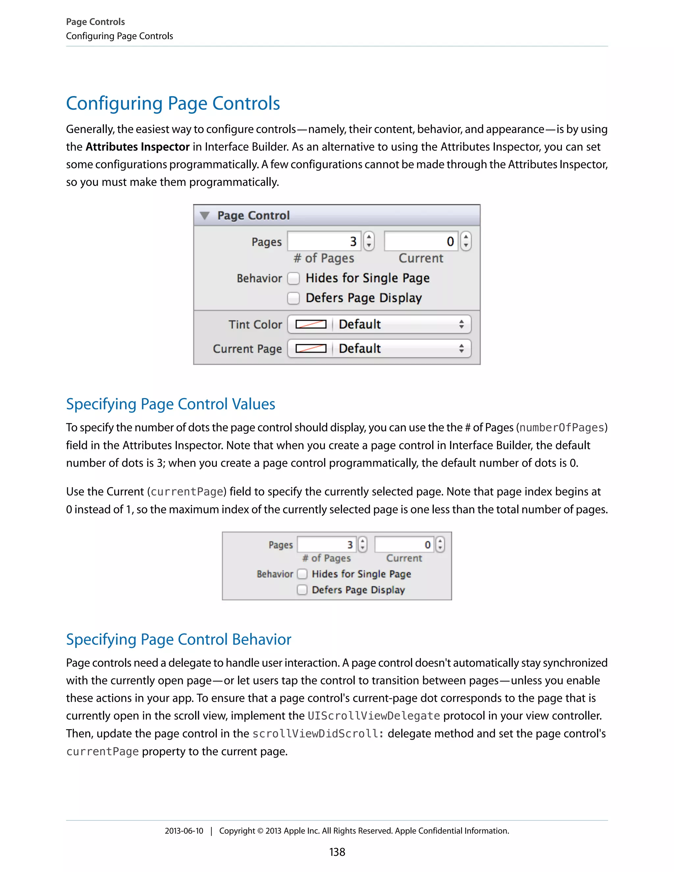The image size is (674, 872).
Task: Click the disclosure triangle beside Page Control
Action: [x=204, y=216]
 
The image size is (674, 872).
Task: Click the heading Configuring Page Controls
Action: [x=172, y=103]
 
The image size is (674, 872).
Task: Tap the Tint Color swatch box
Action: [x=311, y=324]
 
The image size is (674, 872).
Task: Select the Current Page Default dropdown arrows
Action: [x=461, y=348]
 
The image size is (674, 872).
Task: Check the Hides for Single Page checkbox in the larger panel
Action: [x=294, y=278]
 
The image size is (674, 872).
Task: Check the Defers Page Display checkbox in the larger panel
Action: [x=294, y=298]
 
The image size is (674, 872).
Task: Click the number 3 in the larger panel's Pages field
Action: [x=353, y=242]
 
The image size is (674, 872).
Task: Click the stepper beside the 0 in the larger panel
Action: [x=466, y=242]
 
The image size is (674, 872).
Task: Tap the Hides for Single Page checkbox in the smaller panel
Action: [x=302, y=574]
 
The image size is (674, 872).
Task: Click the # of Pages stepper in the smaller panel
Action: [x=363, y=545]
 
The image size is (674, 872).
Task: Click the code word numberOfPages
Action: [x=561, y=428]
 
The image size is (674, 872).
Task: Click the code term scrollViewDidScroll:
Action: [x=318, y=734]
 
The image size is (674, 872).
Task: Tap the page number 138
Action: [x=337, y=852]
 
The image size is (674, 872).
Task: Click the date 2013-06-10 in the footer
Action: [x=184, y=831]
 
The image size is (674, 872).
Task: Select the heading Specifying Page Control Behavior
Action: [x=178, y=640]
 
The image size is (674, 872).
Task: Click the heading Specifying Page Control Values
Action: [x=170, y=404]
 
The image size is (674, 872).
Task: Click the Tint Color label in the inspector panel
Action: [x=255, y=324]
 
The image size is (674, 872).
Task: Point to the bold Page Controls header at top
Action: [x=95, y=22]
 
